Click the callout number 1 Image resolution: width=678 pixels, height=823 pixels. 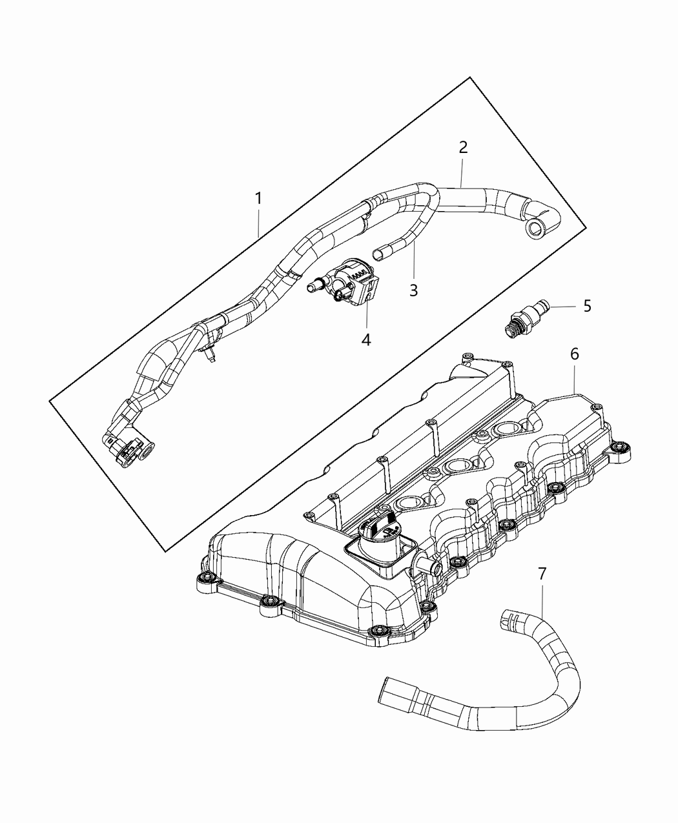pyautogui.click(x=258, y=199)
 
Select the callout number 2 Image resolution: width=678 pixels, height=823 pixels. pyautogui.click(x=462, y=147)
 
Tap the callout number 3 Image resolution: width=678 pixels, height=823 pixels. pyautogui.click(x=413, y=290)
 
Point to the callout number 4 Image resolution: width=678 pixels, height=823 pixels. pyautogui.click(x=366, y=340)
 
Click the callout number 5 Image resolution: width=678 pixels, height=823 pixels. pyautogui.click(x=587, y=305)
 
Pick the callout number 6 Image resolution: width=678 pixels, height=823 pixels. pyautogui.click(x=574, y=354)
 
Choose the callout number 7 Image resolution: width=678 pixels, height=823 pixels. pyautogui.click(x=542, y=573)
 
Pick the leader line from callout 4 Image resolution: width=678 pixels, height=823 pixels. pyautogui.click(x=367, y=314)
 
